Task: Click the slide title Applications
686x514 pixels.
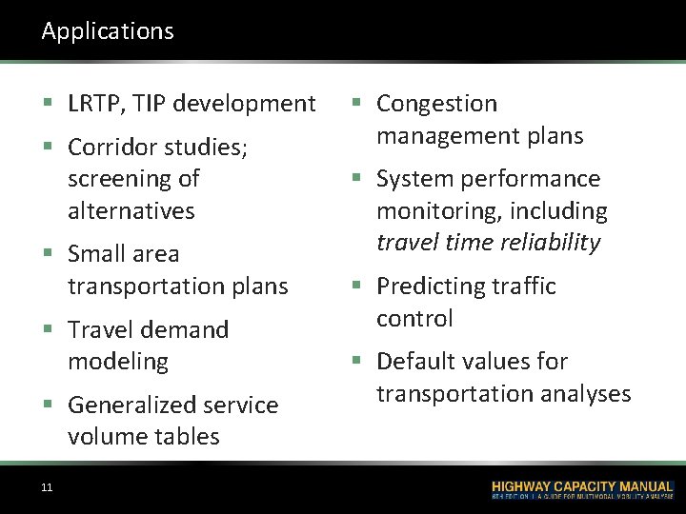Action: point(108,31)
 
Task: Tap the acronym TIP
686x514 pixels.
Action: point(156,104)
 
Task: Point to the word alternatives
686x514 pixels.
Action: point(131,210)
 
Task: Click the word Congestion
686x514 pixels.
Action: point(437,104)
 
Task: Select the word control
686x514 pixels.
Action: point(414,318)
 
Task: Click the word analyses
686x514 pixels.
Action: point(586,393)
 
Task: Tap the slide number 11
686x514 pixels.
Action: point(47,488)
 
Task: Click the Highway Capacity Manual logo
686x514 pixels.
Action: point(581,489)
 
